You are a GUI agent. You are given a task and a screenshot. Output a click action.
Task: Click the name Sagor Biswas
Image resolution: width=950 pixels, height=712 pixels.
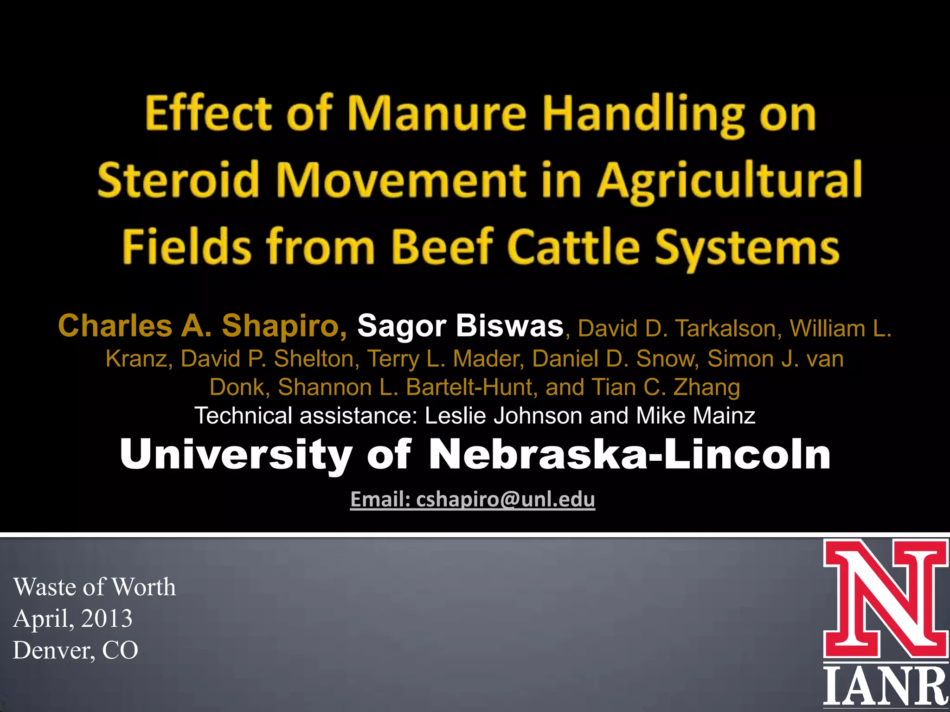[460, 326]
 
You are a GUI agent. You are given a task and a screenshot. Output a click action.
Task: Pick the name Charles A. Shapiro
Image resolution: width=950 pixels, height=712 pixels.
[202, 326]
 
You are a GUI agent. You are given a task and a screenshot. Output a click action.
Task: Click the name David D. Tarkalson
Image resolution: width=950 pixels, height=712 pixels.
[677, 329]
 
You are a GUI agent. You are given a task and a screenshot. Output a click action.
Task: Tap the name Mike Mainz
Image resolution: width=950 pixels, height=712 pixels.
[696, 416]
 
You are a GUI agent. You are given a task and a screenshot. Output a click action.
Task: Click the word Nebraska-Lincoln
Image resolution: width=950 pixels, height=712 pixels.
[629, 455]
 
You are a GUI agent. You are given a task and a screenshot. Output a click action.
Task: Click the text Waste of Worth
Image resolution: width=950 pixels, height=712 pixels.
[95, 587]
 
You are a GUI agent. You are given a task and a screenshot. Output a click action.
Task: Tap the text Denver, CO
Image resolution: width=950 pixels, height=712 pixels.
[76, 650]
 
